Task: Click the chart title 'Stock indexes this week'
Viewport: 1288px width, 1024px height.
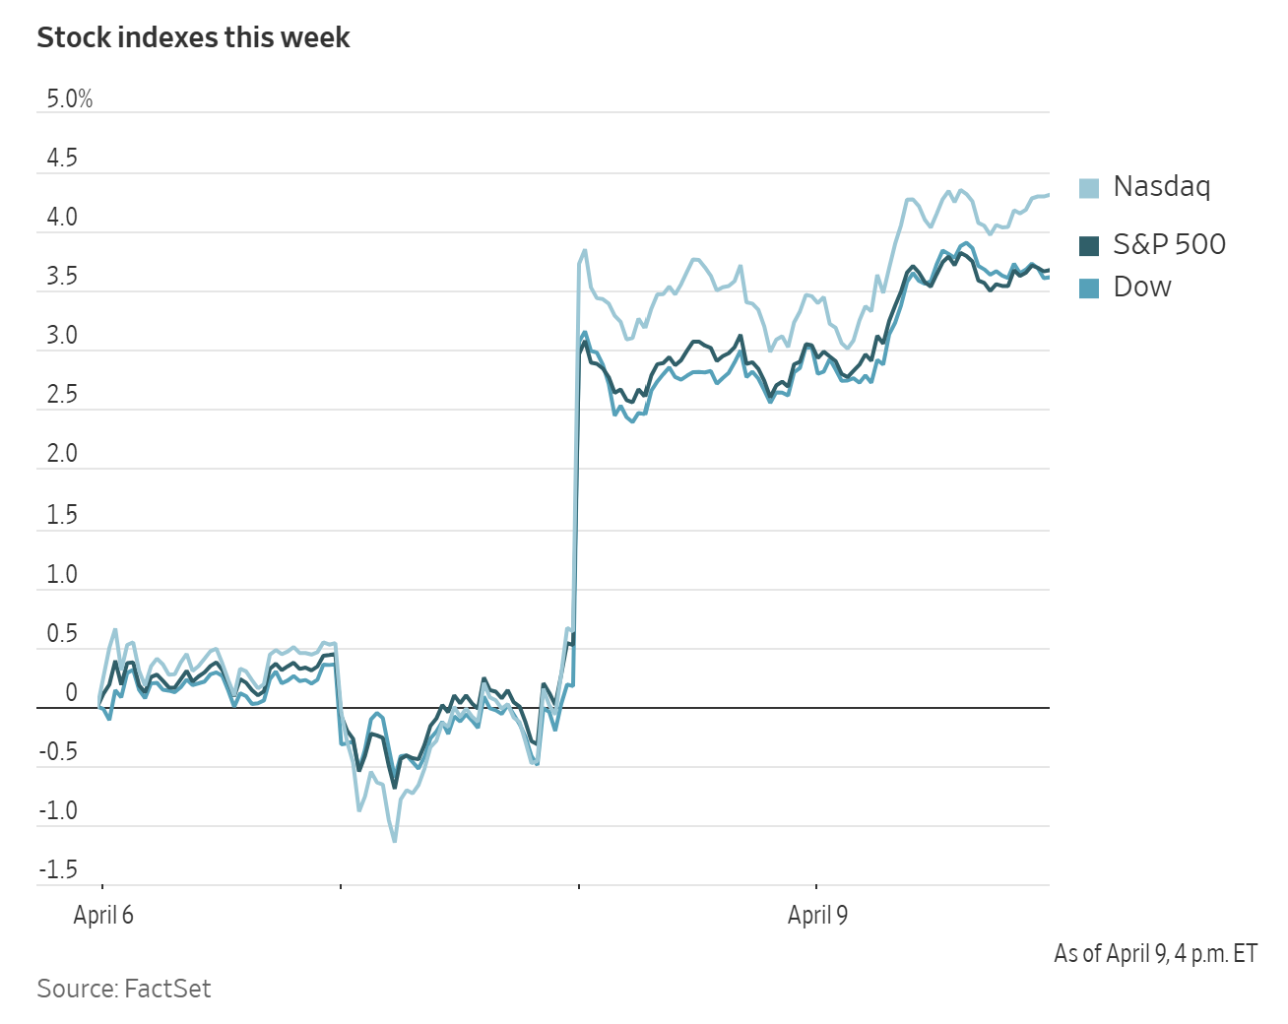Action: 193,37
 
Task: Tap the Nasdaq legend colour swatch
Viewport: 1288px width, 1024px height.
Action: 1088,188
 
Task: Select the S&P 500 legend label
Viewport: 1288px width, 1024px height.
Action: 1169,244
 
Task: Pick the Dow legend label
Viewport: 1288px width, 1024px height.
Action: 1142,287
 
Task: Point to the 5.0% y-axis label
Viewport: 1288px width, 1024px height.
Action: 69,99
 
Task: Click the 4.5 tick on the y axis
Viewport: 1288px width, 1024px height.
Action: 61,159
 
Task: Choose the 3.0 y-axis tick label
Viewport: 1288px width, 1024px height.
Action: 61,336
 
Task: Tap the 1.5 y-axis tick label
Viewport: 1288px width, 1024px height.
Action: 61,515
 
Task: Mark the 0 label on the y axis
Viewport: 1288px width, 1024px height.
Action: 71,693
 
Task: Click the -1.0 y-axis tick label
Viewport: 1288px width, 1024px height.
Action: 58,811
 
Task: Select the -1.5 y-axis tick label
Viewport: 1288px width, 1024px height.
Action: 58,870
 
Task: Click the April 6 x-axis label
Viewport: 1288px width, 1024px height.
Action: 103,916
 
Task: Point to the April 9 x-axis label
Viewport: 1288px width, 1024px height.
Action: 817,916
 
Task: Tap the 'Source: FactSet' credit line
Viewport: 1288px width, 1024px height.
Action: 124,989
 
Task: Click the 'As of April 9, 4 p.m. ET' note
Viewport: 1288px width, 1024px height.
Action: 1155,953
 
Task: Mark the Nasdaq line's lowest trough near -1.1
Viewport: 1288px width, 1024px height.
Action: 395,840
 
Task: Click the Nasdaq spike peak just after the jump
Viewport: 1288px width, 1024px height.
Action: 585,250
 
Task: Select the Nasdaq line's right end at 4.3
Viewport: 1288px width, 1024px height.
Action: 1048,195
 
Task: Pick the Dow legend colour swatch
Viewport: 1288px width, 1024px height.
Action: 1088,288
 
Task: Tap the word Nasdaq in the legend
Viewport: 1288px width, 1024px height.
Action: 1162,186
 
